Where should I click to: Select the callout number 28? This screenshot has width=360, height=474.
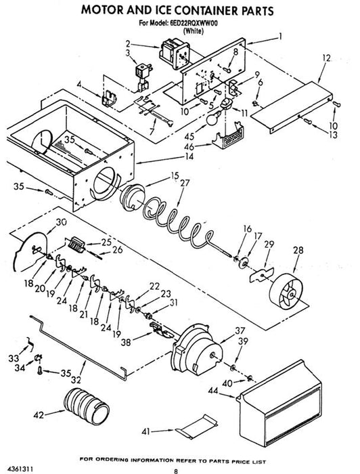tap(298, 251)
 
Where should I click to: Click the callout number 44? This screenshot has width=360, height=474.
tap(213, 391)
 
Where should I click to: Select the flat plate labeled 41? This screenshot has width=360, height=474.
tap(196, 426)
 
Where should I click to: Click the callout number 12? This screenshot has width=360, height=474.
tap(326, 58)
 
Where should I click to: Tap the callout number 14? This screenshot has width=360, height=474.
tap(189, 156)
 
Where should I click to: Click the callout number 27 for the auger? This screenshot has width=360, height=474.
tap(185, 183)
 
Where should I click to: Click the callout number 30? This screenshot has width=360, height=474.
tap(62, 222)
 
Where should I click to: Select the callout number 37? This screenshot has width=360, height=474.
tap(240, 330)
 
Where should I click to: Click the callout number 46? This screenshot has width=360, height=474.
tap(189, 147)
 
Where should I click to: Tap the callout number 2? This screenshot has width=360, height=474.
tap(128, 44)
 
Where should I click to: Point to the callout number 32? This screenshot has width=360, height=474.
tap(76, 379)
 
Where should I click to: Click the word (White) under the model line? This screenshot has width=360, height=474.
tap(194, 30)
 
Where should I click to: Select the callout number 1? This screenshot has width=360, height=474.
tap(281, 37)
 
